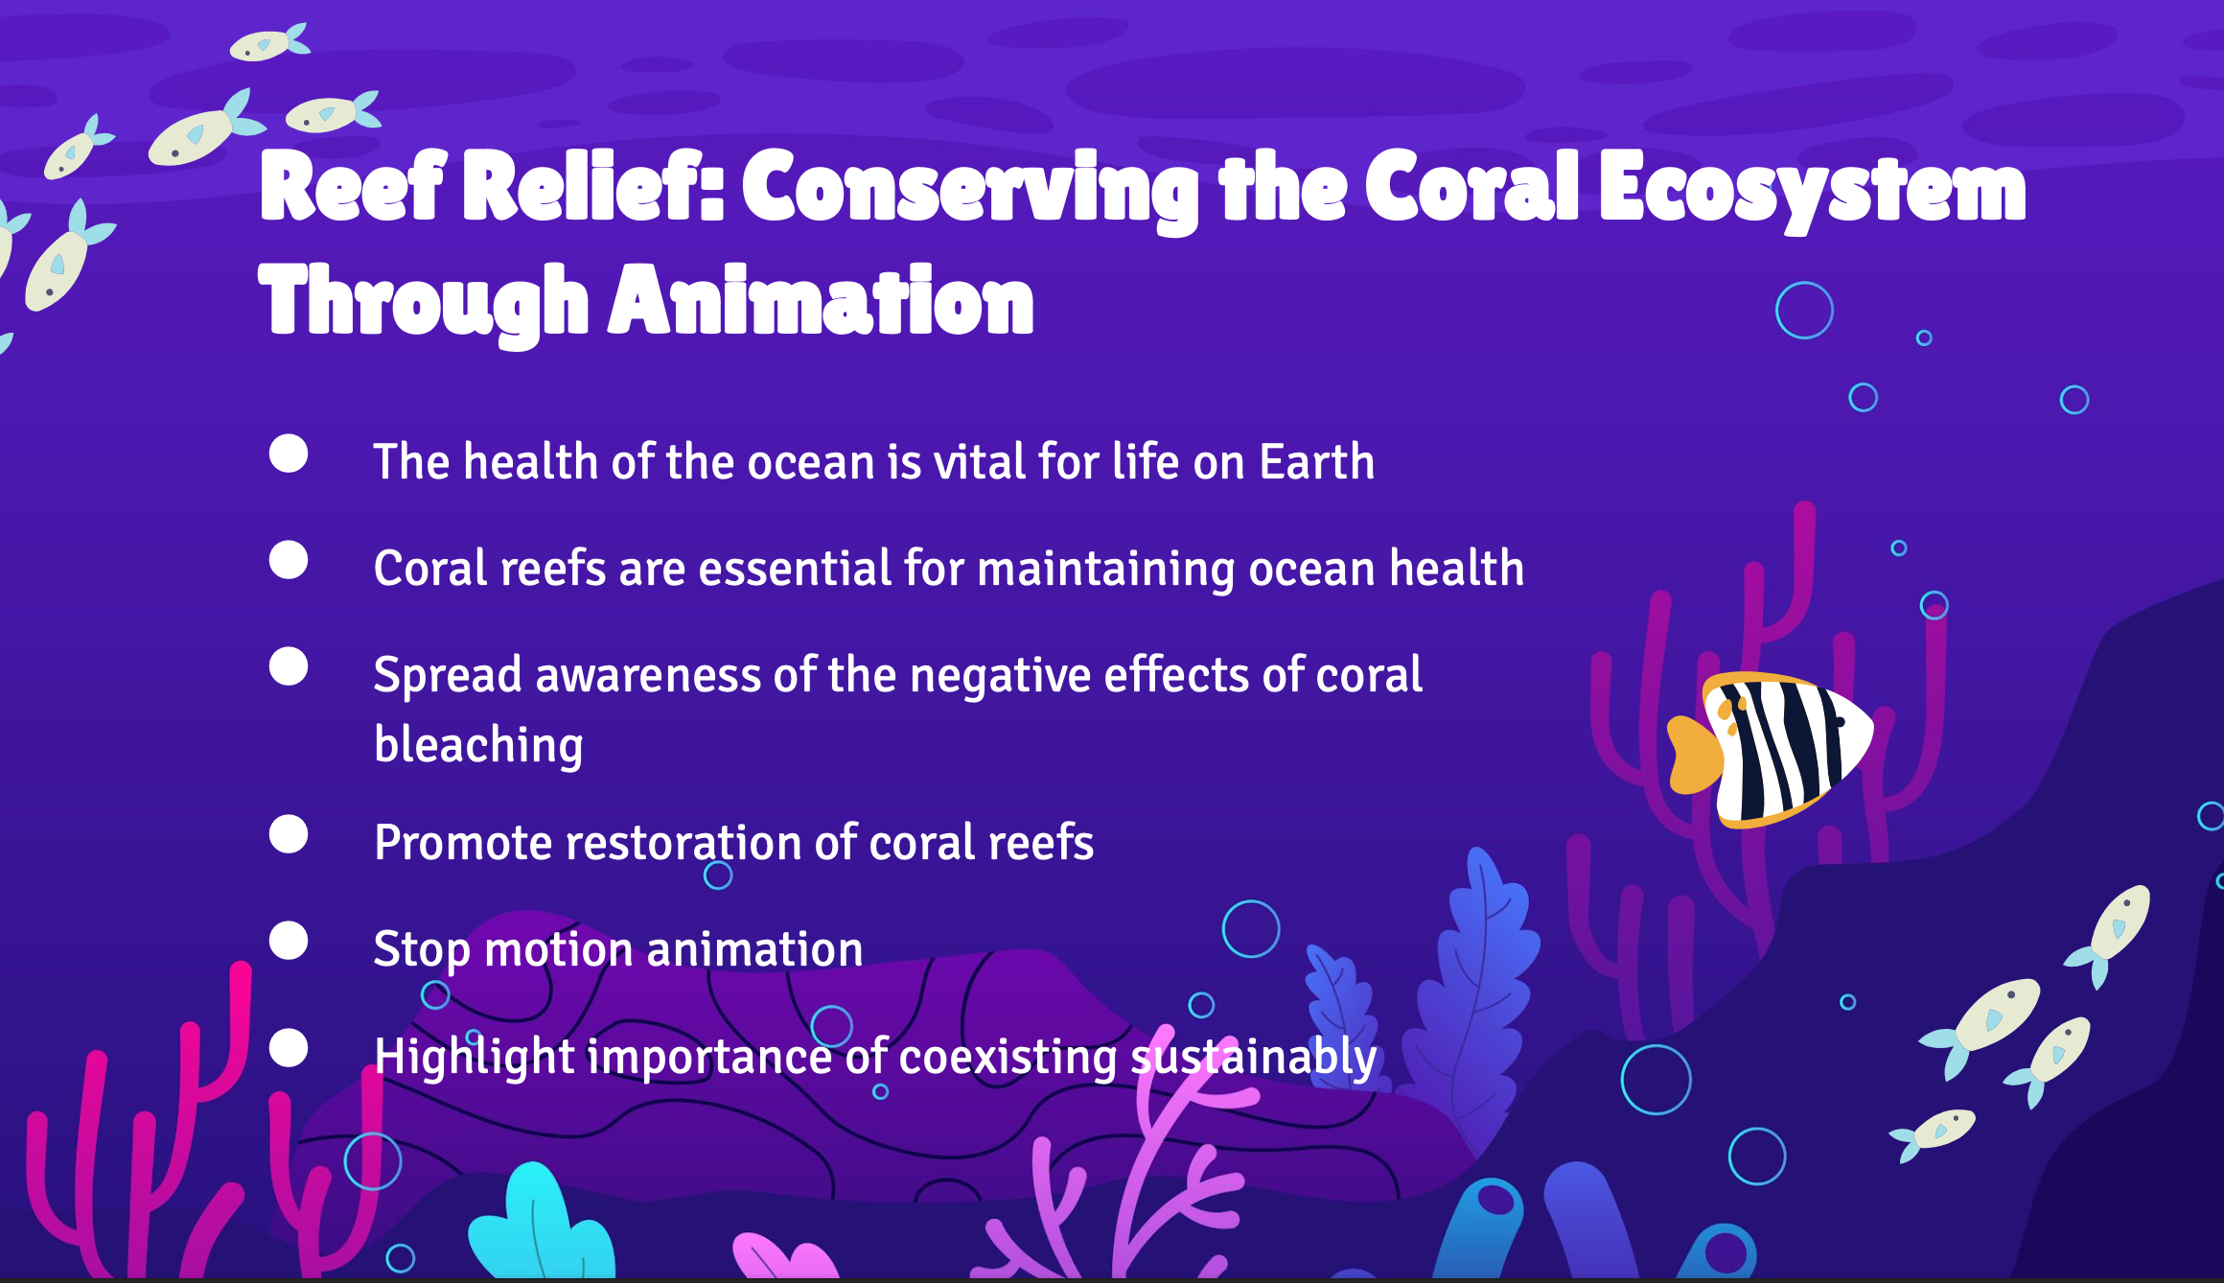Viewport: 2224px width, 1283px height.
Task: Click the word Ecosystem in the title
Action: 1812,190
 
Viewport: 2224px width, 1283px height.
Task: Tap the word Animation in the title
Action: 822,303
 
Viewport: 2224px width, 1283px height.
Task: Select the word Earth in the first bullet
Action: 1317,461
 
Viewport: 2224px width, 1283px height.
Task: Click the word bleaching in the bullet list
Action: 478,745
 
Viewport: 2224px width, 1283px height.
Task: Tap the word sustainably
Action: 1254,1058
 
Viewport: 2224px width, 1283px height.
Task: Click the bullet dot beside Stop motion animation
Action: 289,941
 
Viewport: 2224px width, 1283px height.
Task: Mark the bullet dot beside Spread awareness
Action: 289,666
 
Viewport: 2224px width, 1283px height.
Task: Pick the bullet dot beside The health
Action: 289,454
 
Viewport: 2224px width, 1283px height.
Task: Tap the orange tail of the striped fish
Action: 1694,755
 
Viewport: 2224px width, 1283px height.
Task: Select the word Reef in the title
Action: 353,186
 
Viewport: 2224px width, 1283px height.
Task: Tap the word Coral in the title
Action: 1472,186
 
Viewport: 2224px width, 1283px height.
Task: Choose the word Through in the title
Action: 424,303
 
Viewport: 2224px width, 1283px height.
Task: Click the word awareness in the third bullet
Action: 648,675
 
